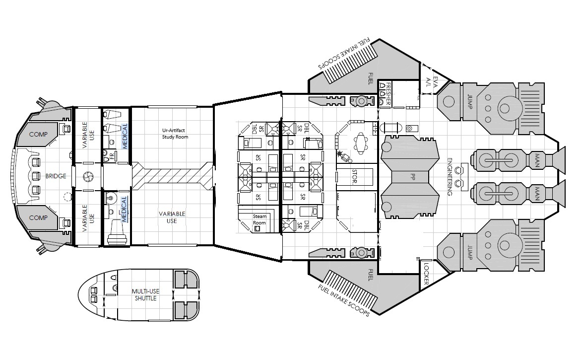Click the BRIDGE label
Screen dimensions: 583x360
point(56,176)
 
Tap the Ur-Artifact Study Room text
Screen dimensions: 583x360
point(175,134)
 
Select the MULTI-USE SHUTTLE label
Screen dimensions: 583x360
point(146,295)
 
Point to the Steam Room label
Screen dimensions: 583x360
point(259,219)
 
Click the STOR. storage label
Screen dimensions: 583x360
point(354,176)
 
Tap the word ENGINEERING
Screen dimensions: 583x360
point(450,176)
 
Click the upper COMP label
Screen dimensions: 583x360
point(38,135)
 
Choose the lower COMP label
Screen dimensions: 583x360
point(38,218)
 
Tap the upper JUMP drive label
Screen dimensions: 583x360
point(469,101)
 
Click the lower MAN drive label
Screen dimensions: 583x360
point(537,194)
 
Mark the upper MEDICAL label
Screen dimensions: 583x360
point(125,136)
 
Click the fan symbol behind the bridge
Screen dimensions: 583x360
point(88,176)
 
